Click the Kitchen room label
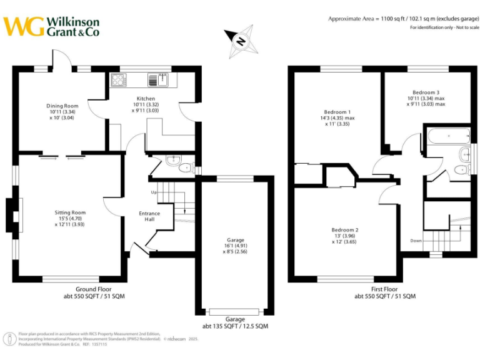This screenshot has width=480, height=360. coord(146,99)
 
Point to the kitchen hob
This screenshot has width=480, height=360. coord(118,79)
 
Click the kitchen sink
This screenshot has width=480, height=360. coord(157,79)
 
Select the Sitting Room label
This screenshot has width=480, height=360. coord(69,212)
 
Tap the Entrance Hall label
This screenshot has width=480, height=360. coord(149,217)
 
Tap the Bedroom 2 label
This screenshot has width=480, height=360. coord(344,230)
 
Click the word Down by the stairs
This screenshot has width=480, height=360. coord(416,240)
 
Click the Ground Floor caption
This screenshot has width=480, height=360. coord(94,289)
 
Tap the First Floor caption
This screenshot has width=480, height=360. coord(385,289)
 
